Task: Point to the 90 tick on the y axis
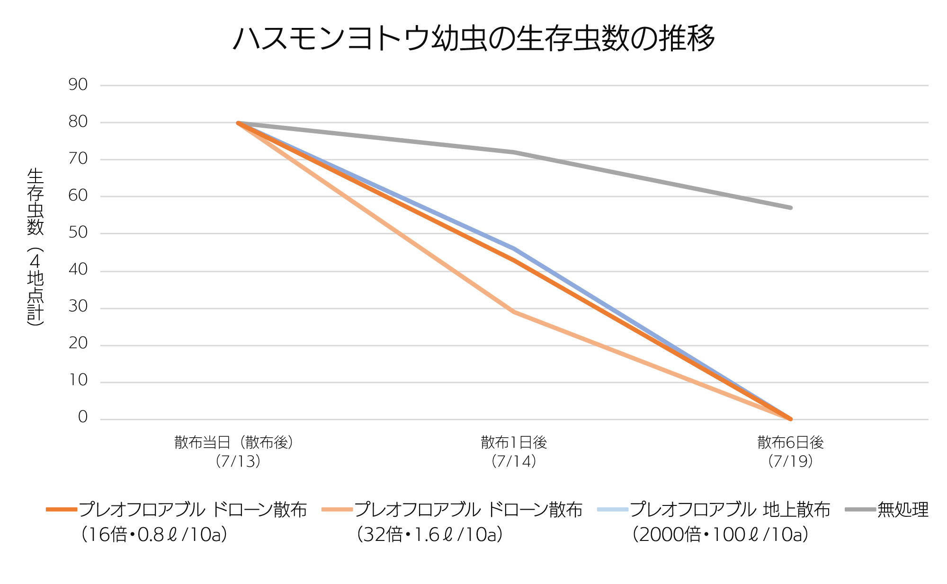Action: pyautogui.click(x=78, y=85)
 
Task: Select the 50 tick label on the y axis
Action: pyautogui.click(x=78, y=232)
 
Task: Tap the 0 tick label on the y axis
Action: pyautogui.click(x=83, y=417)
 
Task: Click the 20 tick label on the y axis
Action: pyautogui.click(x=78, y=343)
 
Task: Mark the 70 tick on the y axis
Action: pyautogui.click(x=78, y=159)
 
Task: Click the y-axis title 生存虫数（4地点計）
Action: pyautogui.click(x=36, y=247)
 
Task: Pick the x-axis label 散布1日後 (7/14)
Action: pyautogui.click(x=514, y=451)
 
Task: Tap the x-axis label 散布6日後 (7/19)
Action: pyautogui.click(x=790, y=451)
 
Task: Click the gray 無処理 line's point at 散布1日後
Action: pyautogui.click(x=514, y=152)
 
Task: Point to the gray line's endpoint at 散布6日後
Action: pyautogui.click(x=790, y=207)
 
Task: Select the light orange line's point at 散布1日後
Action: pyautogui.click(x=514, y=312)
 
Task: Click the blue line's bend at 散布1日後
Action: pyautogui.click(x=514, y=248)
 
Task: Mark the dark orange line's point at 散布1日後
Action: pyautogui.click(x=514, y=260)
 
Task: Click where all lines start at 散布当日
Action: pyautogui.click(x=238, y=123)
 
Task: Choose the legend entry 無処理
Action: pyautogui.click(x=902, y=510)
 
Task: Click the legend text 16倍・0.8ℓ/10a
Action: pyautogui.click(x=154, y=535)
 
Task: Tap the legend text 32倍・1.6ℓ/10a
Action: pyautogui.click(x=430, y=535)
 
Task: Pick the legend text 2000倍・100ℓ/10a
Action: pyautogui.click(x=720, y=535)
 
